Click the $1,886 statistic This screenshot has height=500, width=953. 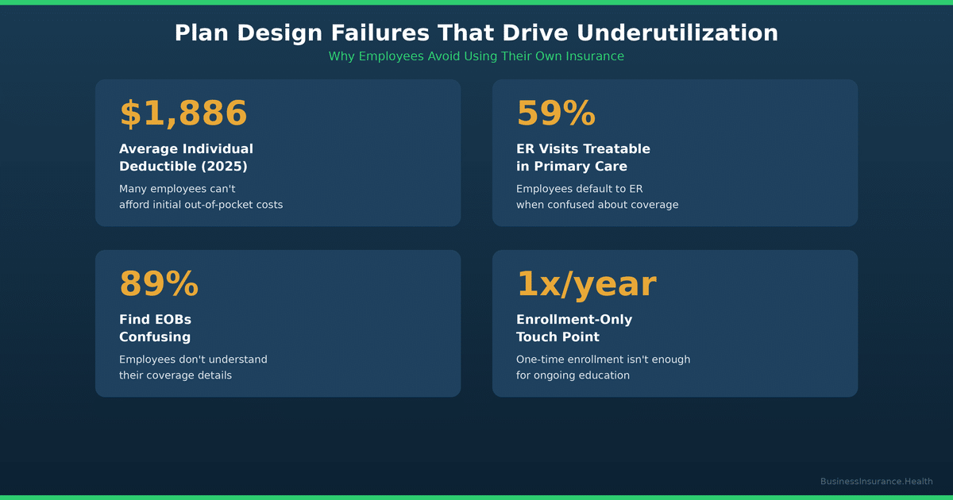pos(183,113)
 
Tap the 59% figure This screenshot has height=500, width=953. pos(556,113)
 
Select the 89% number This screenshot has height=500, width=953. pos(159,284)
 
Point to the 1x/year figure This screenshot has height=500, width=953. pos(586,284)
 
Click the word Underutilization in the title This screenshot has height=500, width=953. pos(677,33)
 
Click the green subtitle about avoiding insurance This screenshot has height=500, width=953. pos(476,56)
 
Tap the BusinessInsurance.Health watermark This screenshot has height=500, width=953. pos(876,482)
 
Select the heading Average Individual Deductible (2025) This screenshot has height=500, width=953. pos(186,157)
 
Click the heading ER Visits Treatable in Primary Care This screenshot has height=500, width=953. pos(583,157)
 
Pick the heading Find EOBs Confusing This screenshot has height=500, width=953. pos(155,328)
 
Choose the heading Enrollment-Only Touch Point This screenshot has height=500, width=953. pos(574,328)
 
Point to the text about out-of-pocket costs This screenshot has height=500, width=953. pos(201,197)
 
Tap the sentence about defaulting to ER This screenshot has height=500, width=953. pos(597,197)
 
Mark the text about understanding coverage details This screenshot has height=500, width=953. pos(193,367)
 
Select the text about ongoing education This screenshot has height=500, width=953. pos(603,367)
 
